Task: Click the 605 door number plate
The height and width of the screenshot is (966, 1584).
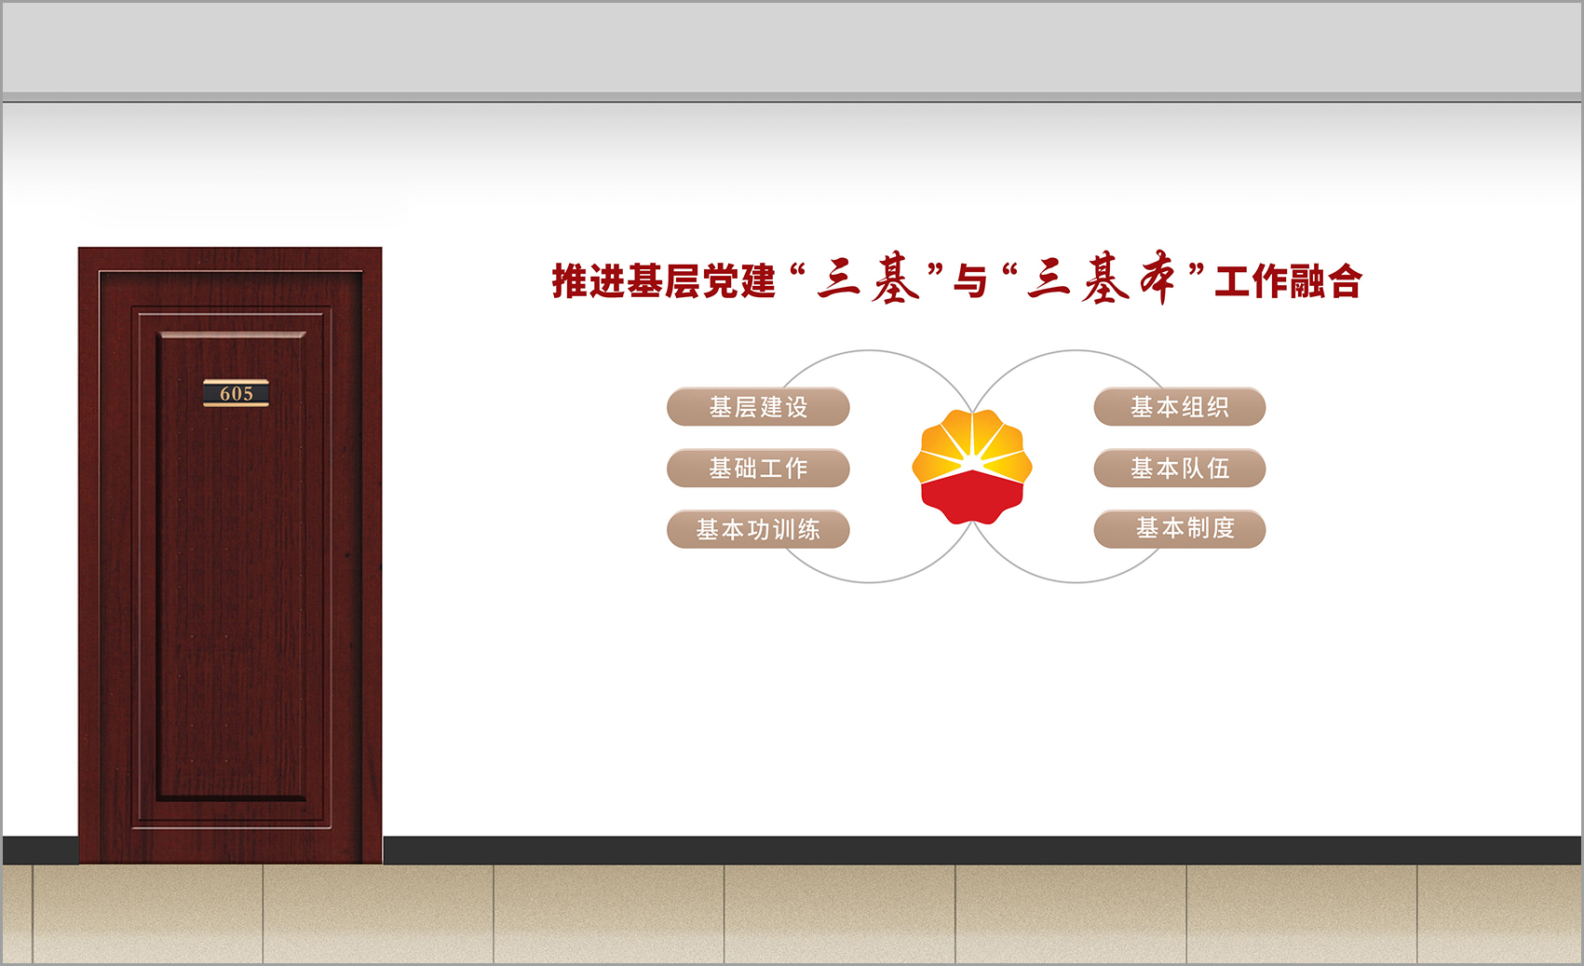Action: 237,393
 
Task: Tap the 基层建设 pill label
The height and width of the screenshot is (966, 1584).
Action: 758,407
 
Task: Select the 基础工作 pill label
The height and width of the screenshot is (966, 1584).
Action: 758,469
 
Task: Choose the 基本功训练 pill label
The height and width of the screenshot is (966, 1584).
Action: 758,529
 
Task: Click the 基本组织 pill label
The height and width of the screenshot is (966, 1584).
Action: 1180,407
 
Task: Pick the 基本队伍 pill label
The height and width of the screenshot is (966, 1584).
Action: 1180,469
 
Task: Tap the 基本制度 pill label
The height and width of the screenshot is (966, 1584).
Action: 1180,529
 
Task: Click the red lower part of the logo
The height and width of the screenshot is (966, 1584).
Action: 972,497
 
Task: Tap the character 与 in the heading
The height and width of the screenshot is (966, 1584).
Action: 970,281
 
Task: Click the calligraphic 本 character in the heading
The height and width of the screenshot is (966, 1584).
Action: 1158,278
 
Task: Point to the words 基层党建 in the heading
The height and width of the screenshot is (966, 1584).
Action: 701,280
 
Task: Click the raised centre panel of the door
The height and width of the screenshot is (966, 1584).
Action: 231,565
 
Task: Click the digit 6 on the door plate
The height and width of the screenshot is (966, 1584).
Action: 225,394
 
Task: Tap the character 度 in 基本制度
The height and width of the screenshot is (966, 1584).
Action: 1224,528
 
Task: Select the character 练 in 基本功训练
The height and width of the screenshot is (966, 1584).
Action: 809,530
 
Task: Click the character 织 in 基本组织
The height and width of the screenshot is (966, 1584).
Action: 1218,407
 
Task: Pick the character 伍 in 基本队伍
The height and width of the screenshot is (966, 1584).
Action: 1218,469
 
